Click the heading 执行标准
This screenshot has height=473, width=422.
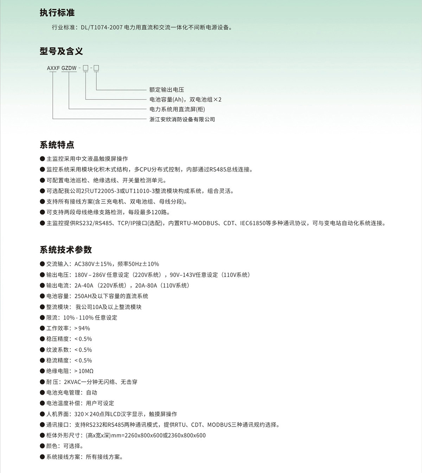pyautogui.click(x=57, y=13)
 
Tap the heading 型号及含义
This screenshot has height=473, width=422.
pyautogui.click(x=61, y=51)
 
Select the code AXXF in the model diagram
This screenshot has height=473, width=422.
pyautogui.click(x=53, y=68)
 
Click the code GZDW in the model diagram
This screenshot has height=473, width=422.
pyautogui.click(x=69, y=68)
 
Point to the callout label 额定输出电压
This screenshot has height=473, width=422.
pyautogui.click(x=167, y=90)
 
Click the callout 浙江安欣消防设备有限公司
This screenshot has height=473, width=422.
pyautogui.click(x=182, y=119)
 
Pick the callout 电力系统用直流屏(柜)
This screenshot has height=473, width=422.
pyautogui.click(x=177, y=109)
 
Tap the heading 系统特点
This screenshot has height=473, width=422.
pyautogui.click(x=57, y=145)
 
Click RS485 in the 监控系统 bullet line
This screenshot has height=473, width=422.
pyautogui.click(x=218, y=170)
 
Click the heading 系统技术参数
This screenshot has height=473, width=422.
pyautogui.click(x=66, y=250)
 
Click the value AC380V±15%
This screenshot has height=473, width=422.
pyautogui.click(x=93, y=264)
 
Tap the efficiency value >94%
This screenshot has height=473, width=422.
pyautogui.click(x=82, y=328)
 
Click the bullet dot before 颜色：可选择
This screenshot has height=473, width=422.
pyautogui.click(x=42, y=446)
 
